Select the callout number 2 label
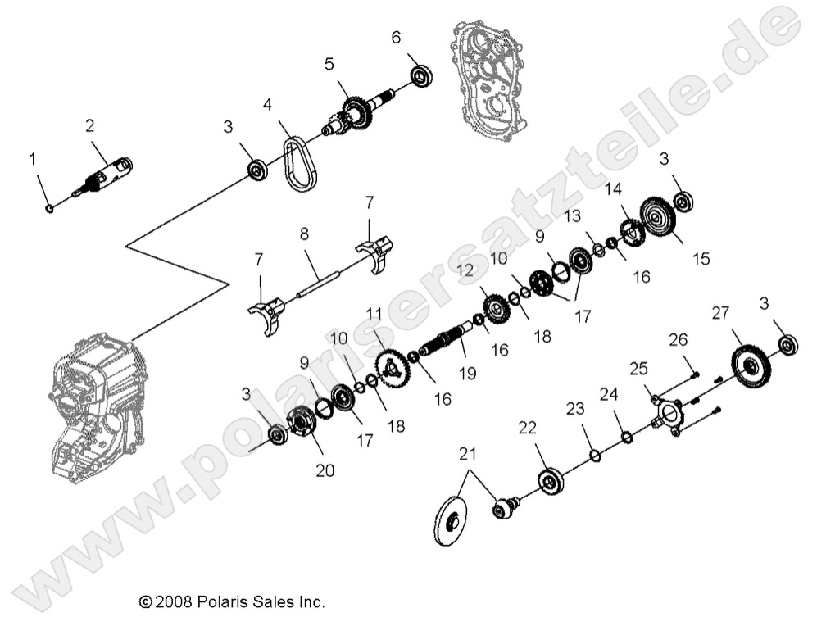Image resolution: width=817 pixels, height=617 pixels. [89, 125]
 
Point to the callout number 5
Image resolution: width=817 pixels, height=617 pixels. [329, 64]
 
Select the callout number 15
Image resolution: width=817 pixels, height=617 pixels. [701, 259]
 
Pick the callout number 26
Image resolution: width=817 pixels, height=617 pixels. [678, 339]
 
